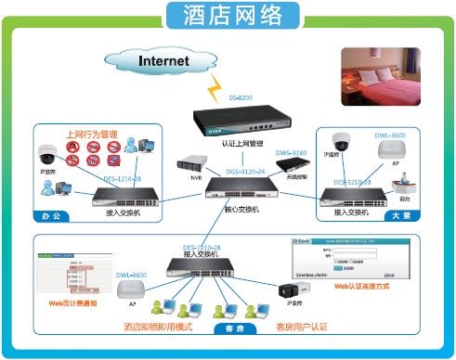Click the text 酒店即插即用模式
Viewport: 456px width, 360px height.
click(163, 327)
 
